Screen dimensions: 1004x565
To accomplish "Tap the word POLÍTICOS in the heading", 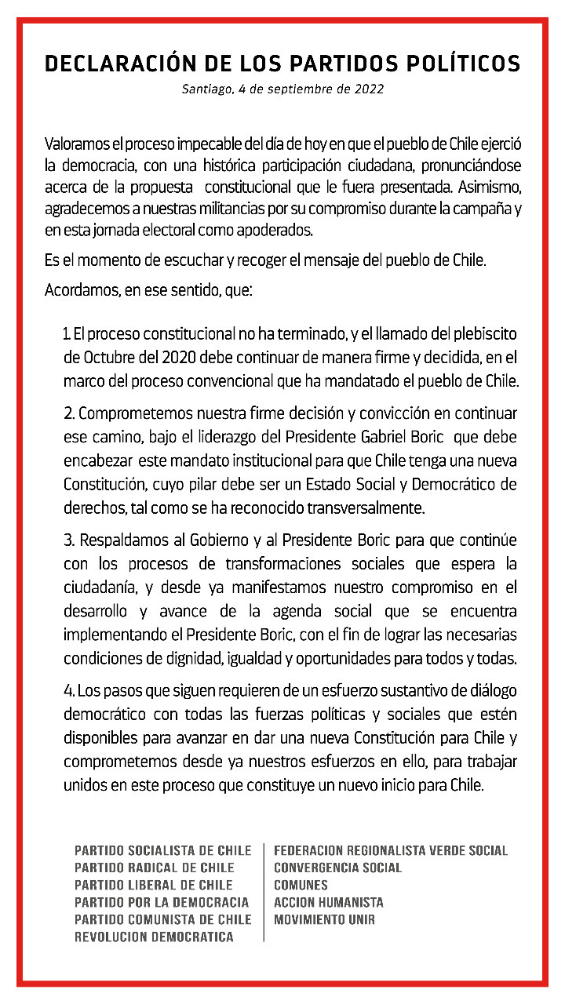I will click(454, 64).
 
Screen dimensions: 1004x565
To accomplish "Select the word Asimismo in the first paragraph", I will click(485, 187).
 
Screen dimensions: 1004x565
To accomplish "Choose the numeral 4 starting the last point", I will click(67, 691).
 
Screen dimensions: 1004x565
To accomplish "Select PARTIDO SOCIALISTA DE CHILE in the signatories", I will click(163, 850).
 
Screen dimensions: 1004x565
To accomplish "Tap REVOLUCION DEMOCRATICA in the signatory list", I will click(154, 937).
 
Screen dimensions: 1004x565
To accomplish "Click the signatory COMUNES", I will click(301, 885).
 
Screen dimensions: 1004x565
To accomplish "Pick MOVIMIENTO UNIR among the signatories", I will click(324, 919).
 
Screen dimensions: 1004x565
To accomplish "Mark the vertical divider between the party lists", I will click(264, 893).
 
